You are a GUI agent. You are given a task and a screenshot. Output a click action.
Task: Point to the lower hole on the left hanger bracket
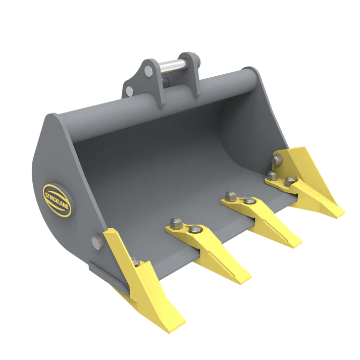[x=130, y=91]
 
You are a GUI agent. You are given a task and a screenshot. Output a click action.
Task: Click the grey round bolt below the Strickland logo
[x=96, y=242]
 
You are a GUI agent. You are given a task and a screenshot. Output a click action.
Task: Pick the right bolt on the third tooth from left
[x=249, y=201]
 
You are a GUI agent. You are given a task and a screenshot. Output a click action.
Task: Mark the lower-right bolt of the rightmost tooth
[x=288, y=181]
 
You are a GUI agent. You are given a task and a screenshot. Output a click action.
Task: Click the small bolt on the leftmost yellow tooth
[x=135, y=262]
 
